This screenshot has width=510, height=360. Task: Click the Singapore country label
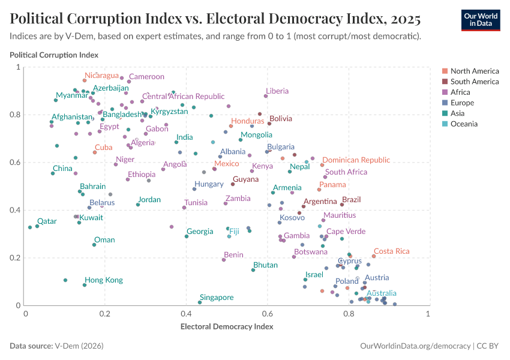pyautogui.click(x=217, y=298)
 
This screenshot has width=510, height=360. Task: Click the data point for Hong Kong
pyautogui.click(x=85, y=285)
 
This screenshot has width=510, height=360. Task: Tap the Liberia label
pyautogui.click(x=277, y=91)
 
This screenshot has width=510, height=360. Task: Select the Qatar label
pyautogui.click(x=47, y=221)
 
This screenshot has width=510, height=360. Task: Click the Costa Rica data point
pyautogui.click(x=373, y=256)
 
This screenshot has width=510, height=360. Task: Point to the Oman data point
pyautogui.click(x=94, y=245)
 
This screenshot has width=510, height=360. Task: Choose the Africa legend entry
pyautogui.click(x=460, y=92)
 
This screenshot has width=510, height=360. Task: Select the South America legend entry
pyautogui.click(x=474, y=82)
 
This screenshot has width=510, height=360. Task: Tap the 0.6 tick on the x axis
pyautogui.click(x=267, y=314)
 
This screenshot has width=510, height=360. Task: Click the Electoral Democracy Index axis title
pyautogui.click(x=227, y=327)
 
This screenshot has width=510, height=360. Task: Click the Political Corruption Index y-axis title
pyautogui.click(x=54, y=55)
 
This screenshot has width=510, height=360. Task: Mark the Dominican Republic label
pyautogui.click(x=356, y=160)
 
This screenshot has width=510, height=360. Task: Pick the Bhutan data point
pyautogui.click(x=253, y=270)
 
